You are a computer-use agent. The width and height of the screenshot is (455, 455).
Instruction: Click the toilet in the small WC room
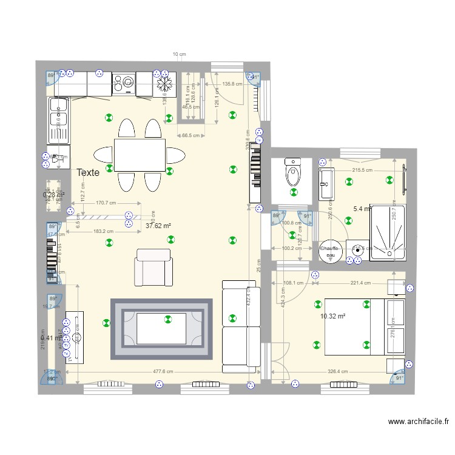[292, 174]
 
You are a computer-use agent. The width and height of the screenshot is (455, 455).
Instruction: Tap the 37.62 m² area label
[158, 226]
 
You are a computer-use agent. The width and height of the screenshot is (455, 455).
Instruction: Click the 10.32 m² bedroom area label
[332, 317]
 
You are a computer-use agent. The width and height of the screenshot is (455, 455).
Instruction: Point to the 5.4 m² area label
[362, 209]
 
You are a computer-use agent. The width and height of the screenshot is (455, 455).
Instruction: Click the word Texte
[89, 173]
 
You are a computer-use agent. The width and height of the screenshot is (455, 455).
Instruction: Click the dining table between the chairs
[140, 155]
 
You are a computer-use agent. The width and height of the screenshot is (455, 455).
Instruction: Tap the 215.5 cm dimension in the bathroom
[362, 170]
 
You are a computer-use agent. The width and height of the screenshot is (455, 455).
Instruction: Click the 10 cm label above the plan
[179, 55]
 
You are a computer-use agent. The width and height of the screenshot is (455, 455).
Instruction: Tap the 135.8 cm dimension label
[232, 84]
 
